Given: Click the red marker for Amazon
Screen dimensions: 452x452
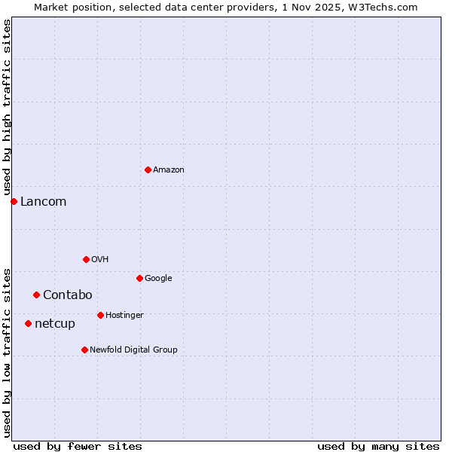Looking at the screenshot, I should point(148,169).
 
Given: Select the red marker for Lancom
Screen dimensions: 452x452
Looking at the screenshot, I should point(14,201).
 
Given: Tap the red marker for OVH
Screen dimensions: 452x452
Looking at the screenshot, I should point(86,259).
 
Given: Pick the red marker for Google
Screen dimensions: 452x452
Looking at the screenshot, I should point(139,278).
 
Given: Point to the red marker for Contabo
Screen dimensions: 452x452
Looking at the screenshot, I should point(36,295).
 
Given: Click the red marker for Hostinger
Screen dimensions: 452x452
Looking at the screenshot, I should point(100,315).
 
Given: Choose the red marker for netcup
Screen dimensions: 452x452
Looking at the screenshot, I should point(28,323).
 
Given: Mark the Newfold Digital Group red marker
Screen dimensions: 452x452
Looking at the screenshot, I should point(84,350).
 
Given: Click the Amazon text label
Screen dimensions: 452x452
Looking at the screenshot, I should point(169,170).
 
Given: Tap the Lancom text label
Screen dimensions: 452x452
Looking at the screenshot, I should point(43,201).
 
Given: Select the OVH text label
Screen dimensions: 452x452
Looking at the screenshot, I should point(100,260).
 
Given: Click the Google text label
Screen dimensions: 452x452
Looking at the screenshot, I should point(158,279).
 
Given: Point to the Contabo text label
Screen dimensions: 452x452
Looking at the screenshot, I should point(67,295).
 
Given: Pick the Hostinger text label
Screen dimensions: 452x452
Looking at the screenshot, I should point(124,315).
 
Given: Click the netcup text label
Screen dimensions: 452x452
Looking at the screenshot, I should point(55,324).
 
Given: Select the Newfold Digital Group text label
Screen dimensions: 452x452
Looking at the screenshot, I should point(133,350).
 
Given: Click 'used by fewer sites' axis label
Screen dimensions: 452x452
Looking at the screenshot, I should point(78,446).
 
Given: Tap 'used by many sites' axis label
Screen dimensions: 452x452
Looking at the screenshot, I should point(378,446).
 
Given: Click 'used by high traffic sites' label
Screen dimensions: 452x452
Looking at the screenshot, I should point(7,108).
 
